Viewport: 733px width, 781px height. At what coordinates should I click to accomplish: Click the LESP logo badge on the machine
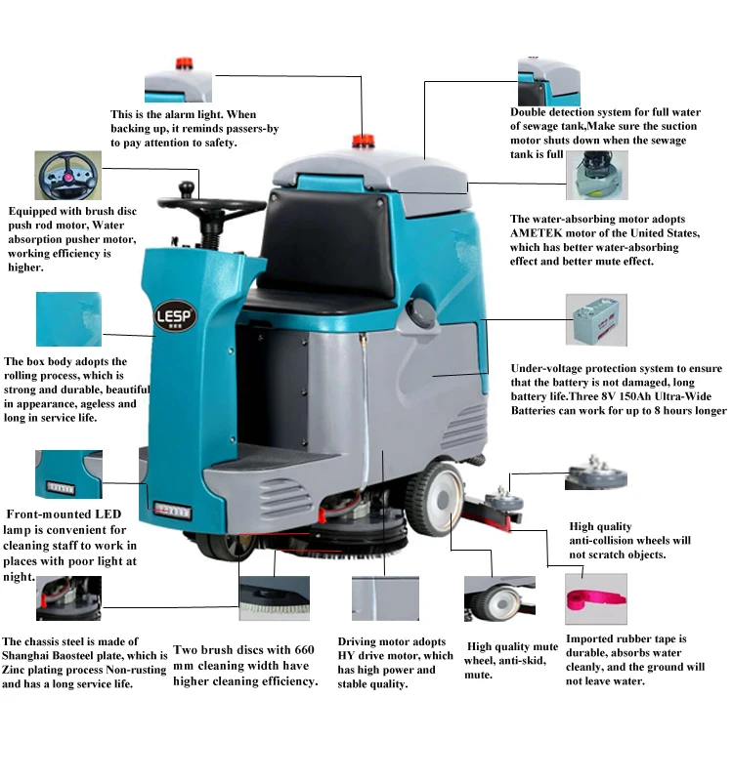(x=177, y=316)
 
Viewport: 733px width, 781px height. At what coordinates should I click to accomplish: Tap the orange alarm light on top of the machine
(x=363, y=143)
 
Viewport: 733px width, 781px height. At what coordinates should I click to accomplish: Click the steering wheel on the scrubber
(x=221, y=206)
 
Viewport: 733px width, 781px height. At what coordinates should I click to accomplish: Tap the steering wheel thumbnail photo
(x=66, y=178)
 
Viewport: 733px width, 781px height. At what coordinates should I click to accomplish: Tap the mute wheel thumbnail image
(x=499, y=598)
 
